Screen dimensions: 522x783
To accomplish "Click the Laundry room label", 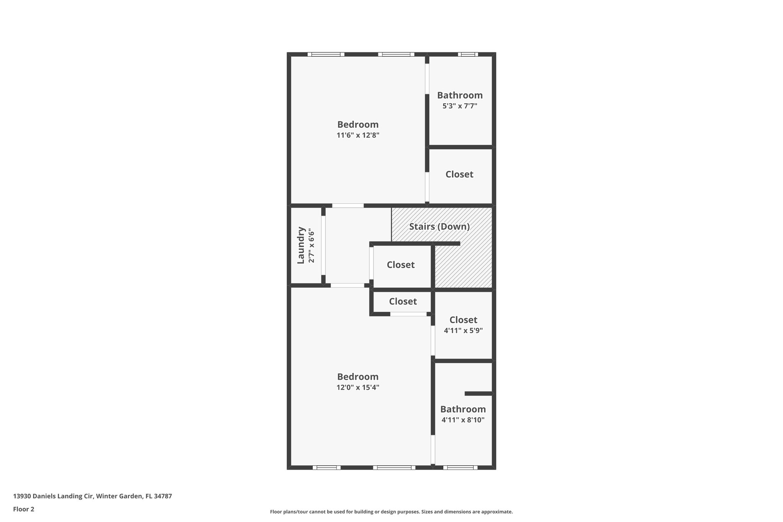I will click(301, 245).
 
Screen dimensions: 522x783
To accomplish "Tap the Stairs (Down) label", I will click(439, 226).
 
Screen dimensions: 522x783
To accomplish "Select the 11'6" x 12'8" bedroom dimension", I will click(358, 135).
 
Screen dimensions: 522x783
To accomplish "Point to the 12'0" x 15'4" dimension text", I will click(358, 387).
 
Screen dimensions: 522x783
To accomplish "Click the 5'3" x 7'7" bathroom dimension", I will click(460, 106).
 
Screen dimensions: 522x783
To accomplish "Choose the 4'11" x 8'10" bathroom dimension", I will click(463, 420).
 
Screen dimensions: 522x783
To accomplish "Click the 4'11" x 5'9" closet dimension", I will click(463, 330).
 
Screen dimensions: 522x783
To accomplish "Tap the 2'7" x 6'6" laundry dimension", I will click(312, 246).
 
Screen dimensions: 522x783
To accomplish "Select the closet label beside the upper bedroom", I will click(459, 174).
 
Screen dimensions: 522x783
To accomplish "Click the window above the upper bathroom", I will click(468, 54).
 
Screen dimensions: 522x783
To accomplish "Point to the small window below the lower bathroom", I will click(460, 467).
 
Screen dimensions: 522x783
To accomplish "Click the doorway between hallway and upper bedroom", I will click(348, 206).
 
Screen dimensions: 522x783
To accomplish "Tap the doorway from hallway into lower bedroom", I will click(347, 285).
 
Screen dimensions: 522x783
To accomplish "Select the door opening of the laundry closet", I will click(323, 245).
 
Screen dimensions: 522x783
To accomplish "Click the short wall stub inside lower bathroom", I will click(478, 394).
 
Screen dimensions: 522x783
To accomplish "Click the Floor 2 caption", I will click(23, 509).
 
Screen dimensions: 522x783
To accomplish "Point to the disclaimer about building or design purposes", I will click(391, 512).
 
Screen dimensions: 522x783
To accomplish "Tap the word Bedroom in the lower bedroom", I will click(358, 377).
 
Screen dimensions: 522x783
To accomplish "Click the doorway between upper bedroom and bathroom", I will click(427, 78).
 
